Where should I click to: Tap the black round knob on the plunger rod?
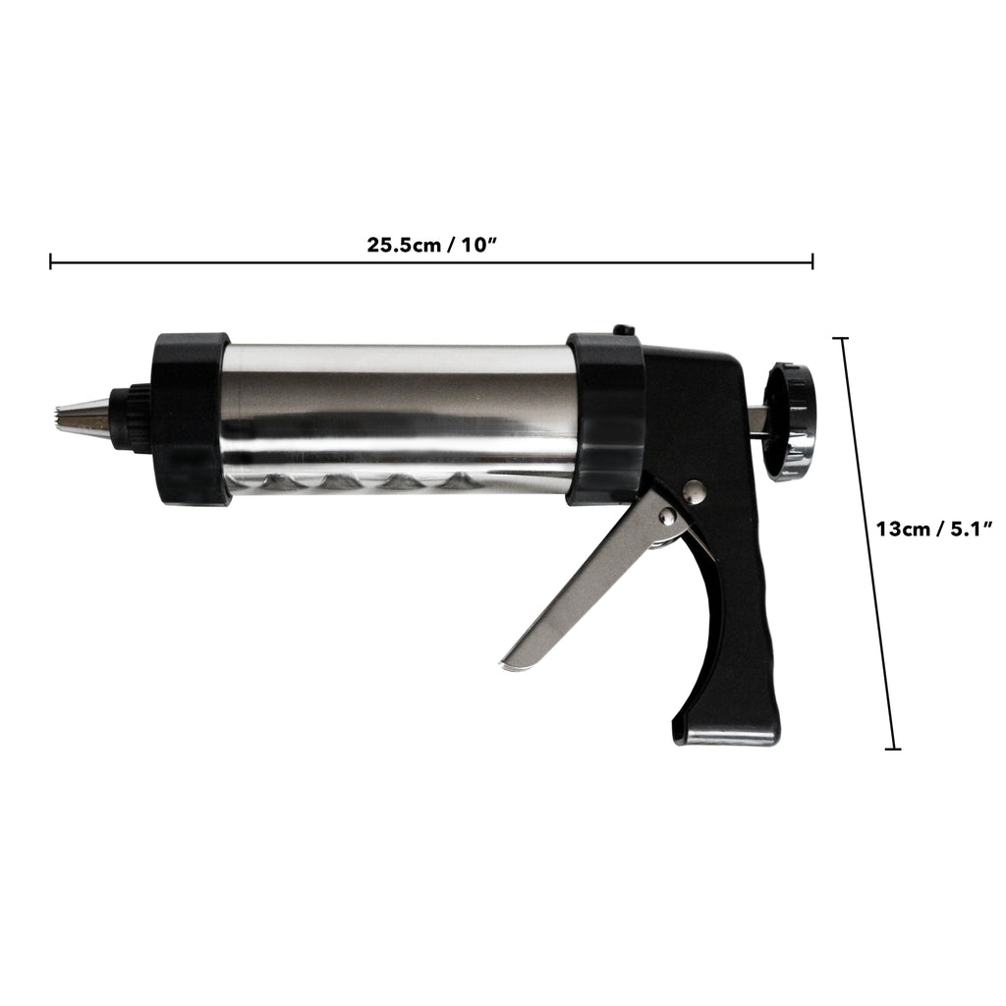tap(792, 421)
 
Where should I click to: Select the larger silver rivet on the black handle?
tap(695, 492)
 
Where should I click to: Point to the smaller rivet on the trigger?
tap(667, 516)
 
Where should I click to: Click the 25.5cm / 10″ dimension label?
tap(432, 245)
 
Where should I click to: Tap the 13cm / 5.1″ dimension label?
tap(934, 530)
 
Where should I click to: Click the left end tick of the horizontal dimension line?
tap(51, 261)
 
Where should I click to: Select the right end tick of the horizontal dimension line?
tap(812, 261)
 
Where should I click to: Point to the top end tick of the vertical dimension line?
tap(841, 338)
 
